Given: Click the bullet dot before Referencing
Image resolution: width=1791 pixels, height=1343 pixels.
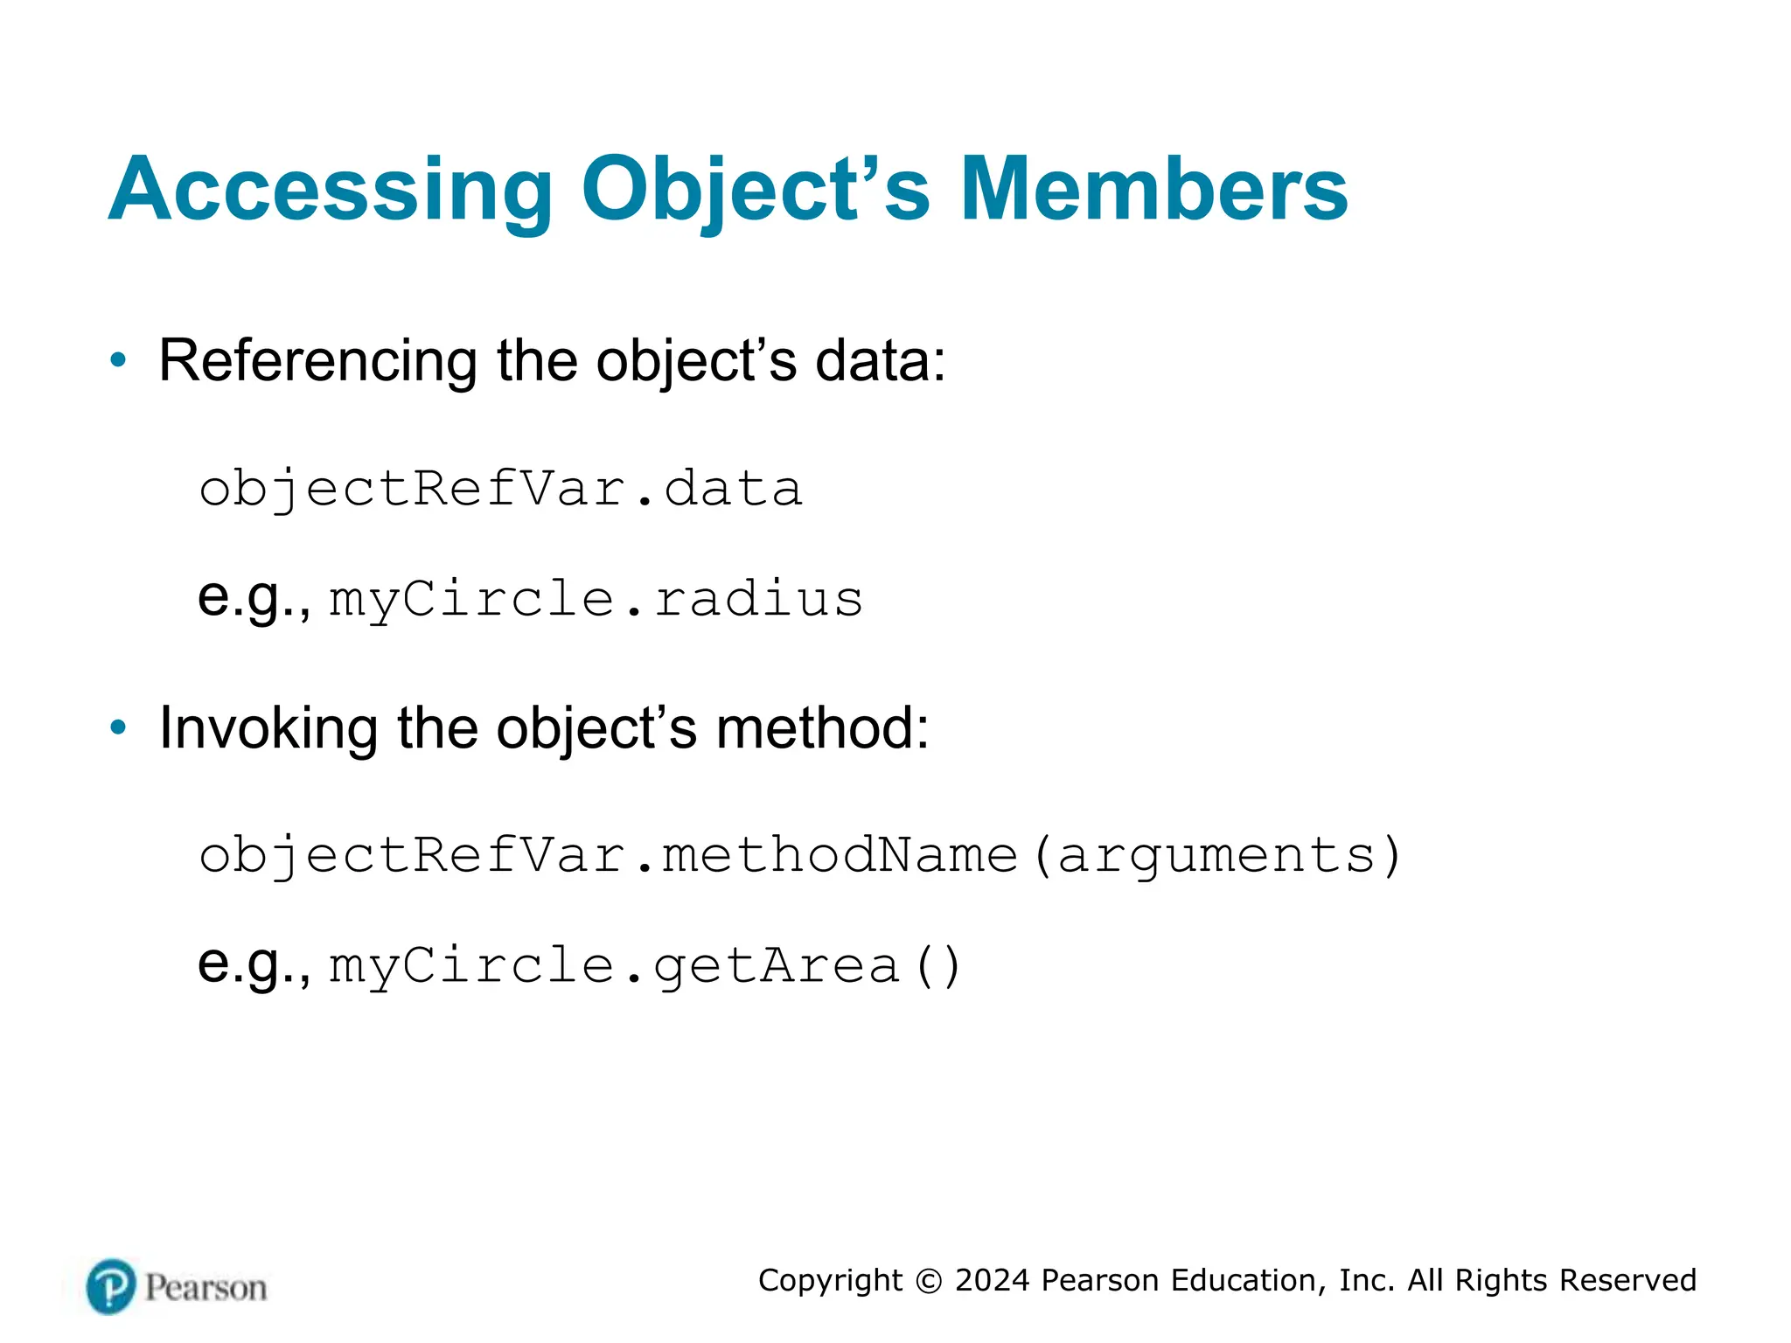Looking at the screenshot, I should [118, 359].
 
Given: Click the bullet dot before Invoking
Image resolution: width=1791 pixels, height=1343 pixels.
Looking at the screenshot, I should [118, 727].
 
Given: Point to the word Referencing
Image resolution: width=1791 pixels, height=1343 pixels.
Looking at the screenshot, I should [317, 360].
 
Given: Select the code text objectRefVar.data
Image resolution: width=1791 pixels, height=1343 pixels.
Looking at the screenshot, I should [500, 489].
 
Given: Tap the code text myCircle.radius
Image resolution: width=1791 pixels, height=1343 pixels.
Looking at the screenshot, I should [596, 600].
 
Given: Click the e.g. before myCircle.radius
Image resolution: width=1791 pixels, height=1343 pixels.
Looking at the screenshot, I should [254, 598].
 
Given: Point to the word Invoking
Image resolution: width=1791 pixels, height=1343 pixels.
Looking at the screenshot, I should [268, 727].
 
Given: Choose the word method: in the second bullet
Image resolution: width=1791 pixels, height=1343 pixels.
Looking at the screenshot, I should [822, 727].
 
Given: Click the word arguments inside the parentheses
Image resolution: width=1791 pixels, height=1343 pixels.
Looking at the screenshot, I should [1216, 855].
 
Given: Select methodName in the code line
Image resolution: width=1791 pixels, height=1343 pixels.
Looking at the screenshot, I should [840, 855].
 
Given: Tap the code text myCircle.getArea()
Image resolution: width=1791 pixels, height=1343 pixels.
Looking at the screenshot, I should [645, 966].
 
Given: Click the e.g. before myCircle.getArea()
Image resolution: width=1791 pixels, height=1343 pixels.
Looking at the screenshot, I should [254, 964].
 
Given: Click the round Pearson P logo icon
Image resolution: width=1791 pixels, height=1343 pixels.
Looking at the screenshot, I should [112, 1286].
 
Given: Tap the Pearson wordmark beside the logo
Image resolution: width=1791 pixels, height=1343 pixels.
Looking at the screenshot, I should [206, 1288].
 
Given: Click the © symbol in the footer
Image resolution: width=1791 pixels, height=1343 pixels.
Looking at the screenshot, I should [929, 1281].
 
